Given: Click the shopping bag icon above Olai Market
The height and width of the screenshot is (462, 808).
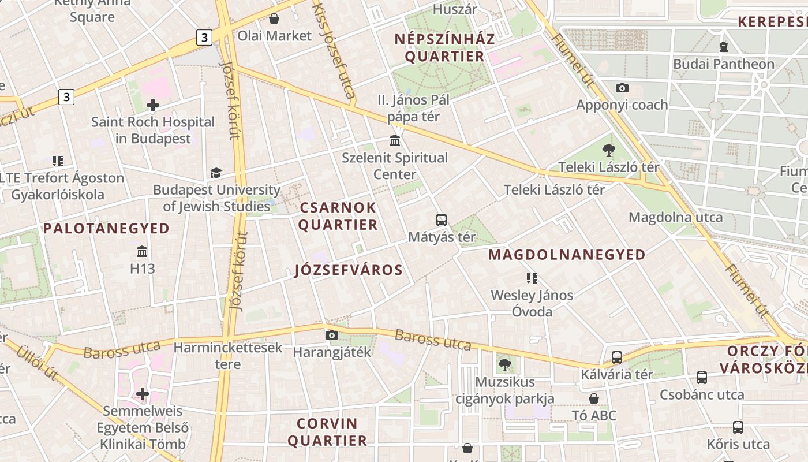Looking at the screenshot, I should pos(274,19).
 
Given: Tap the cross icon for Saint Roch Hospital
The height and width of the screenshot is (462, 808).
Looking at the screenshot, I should pos(153,105).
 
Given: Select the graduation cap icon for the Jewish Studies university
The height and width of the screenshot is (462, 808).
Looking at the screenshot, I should pos(216,173).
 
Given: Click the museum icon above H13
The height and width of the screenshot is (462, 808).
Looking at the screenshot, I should pos(142,252).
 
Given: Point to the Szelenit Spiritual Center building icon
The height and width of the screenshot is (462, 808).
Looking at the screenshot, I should pos(395,141).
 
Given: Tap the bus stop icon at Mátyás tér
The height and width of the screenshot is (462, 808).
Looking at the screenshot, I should pos(442,220).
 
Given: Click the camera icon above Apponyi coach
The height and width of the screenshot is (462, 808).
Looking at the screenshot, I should pos(622,88).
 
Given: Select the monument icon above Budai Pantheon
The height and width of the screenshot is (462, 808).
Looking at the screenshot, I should pos(724,47).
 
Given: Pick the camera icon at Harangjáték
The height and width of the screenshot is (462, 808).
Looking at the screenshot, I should pos(331,335).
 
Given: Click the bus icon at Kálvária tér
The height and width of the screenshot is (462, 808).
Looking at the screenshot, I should pos(617,357).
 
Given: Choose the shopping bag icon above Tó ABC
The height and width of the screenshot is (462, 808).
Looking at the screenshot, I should pos(594,398).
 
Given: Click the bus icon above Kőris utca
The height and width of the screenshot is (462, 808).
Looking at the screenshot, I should pos(738,427).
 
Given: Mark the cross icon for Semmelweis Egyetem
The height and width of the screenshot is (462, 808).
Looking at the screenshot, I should pos(142,394).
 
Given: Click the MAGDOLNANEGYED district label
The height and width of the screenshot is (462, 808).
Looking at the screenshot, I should pos(567,255).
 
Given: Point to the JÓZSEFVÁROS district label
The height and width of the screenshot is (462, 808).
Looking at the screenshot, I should pos(349,270).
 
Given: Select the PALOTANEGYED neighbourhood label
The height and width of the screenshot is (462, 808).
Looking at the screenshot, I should pos(107,229).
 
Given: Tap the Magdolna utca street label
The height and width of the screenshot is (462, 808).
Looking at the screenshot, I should pos(675,218).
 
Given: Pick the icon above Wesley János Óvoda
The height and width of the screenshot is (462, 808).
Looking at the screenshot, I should pos(532,278).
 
